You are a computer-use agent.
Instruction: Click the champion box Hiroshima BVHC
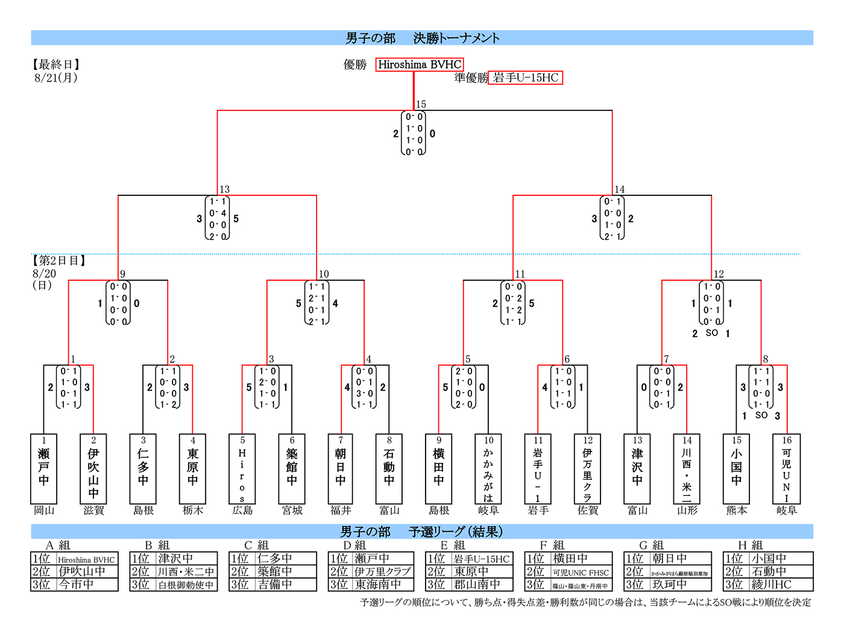click(x=420, y=64)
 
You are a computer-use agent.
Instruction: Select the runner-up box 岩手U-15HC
click(x=525, y=78)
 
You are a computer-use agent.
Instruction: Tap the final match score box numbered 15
click(x=414, y=133)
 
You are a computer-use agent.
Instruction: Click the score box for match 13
click(x=217, y=218)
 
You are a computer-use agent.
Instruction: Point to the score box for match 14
click(x=612, y=218)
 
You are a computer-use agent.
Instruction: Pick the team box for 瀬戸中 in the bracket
click(x=43, y=469)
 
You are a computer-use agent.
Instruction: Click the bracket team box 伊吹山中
click(x=93, y=469)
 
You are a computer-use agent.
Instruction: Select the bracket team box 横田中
click(x=439, y=469)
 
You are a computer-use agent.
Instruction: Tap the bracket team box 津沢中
click(x=637, y=469)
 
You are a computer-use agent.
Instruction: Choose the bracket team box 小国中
click(x=737, y=469)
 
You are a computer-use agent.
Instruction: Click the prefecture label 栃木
click(x=193, y=510)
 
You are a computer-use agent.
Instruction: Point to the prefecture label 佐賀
click(x=588, y=510)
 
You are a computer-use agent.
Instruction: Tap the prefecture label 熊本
click(x=737, y=510)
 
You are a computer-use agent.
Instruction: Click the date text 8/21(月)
click(x=56, y=78)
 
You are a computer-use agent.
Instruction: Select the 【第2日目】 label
click(x=59, y=261)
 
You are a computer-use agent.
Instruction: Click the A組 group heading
click(x=58, y=545)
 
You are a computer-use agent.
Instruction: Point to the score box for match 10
click(x=316, y=303)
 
